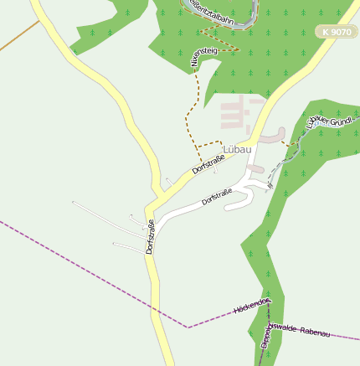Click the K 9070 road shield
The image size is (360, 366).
[x=335, y=31]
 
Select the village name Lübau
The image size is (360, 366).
[x=237, y=150]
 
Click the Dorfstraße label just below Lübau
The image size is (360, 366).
[x=208, y=161]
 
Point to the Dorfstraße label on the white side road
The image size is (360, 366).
[x=217, y=198]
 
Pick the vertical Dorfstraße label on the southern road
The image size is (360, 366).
[x=151, y=237]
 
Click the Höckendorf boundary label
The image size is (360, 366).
[x=252, y=306]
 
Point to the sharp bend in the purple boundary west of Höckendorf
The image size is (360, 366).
[x=188, y=326]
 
